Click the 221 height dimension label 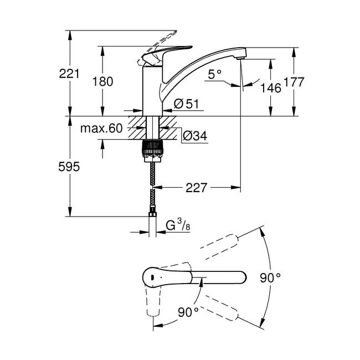pyautogui.click(x=69, y=74)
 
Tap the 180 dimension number pyautogui.click(x=102, y=82)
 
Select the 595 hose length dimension pyautogui.click(x=69, y=167)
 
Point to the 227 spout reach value pyautogui.click(x=196, y=188)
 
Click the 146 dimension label pyautogui.click(x=271, y=88)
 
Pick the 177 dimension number pyautogui.click(x=294, y=82)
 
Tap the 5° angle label pyautogui.click(x=215, y=74)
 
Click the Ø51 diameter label pyautogui.click(x=186, y=104)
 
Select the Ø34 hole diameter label pyautogui.click(x=195, y=136)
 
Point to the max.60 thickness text pyautogui.click(x=101, y=128)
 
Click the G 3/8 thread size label pyautogui.click(x=178, y=225)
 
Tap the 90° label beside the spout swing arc pyautogui.click(x=270, y=278)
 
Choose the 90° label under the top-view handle pyautogui.click(x=188, y=312)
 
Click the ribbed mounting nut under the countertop pyautogui.click(x=153, y=151)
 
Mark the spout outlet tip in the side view pyautogui.click(x=240, y=59)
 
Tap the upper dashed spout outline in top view pyautogui.click(x=219, y=247)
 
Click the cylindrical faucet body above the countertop pyautogui.click(x=153, y=91)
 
